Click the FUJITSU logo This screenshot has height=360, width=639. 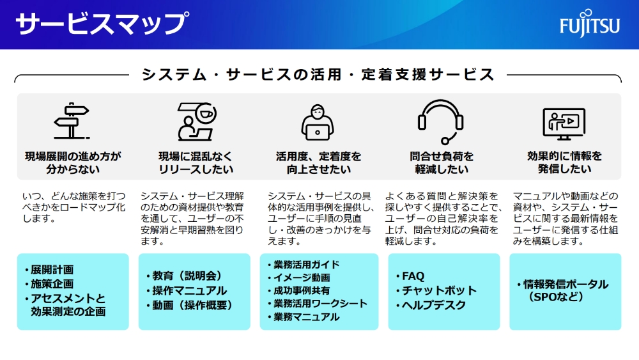tap(589, 25)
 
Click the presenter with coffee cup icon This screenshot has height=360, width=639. tap(196, 121)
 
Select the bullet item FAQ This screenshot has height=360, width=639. tap(413, 276)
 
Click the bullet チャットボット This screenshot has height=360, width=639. tap(438, 290)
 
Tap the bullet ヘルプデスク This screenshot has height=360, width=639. tap(434, 305)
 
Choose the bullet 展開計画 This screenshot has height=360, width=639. tap(52, 269)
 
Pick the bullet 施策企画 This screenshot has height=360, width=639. tap(52, 283)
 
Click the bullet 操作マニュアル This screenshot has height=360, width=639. tap(189, 290)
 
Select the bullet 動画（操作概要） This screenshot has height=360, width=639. tap(192, 305)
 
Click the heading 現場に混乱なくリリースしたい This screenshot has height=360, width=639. tap(196, 162)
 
